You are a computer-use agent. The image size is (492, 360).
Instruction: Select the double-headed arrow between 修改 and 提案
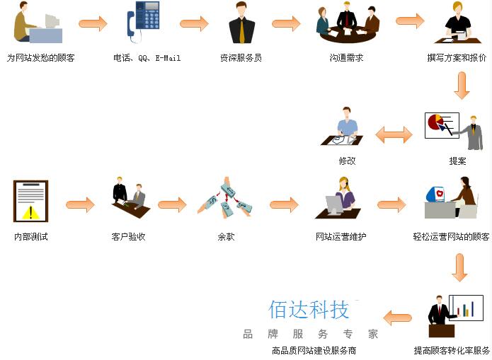tap(394, 134)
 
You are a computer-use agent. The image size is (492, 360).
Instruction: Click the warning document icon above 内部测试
tap(30, 201)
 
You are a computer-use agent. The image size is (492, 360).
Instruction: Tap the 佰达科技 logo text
tap(309, 310)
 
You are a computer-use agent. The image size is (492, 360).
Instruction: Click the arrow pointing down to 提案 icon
tap(462, 86)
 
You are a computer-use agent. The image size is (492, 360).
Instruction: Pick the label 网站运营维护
tap(341, 237)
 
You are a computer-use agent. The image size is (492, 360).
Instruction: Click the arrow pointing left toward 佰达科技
tap(397, 318)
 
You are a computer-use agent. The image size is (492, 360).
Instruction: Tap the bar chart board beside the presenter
tap(466, 308)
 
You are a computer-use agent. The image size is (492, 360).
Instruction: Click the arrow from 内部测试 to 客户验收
tap(80, 205)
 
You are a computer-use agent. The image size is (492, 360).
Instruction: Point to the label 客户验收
tap(128, 237)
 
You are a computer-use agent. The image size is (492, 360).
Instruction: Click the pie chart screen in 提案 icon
tap(440, 125)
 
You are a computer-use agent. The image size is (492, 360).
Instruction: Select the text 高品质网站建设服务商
tap(314, 350)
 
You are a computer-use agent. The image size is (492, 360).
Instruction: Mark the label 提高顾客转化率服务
tap(452, 350)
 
